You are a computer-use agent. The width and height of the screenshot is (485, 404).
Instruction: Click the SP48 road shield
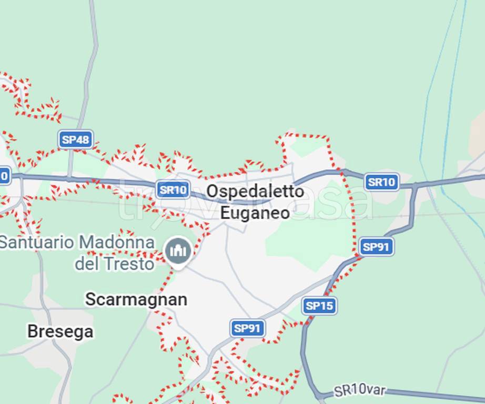tap(76, 139)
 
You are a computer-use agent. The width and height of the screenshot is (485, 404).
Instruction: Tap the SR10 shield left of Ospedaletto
tap(173, 189)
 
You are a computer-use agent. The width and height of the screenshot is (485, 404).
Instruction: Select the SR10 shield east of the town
tap(381, 182)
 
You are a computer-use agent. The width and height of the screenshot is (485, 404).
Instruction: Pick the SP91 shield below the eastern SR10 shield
tap(377, 247)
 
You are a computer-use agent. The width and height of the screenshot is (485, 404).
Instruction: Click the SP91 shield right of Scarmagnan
tap(247, 328)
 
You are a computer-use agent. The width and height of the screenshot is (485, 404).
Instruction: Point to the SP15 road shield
tap(319, 306)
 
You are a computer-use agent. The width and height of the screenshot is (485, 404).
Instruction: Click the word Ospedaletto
tap(255, 191)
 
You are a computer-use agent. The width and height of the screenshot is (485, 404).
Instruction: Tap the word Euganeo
tap(255, 213)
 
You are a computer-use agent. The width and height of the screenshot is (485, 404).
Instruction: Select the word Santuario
tap(36, 243)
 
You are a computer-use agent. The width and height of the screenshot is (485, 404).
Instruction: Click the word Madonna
tap(117, 243)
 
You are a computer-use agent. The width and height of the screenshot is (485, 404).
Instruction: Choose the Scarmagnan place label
tap(136, 299)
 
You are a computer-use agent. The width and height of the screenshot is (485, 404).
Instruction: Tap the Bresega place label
tap(60, 331)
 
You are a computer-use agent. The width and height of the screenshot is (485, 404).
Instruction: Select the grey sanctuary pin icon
tap(178, 250)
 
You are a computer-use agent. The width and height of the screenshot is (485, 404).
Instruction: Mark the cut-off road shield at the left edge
tap(4, 175)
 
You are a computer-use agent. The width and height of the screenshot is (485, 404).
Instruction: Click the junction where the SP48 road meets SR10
tap(69, 179)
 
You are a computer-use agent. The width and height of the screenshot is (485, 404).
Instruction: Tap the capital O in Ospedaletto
tap(212, 191)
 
